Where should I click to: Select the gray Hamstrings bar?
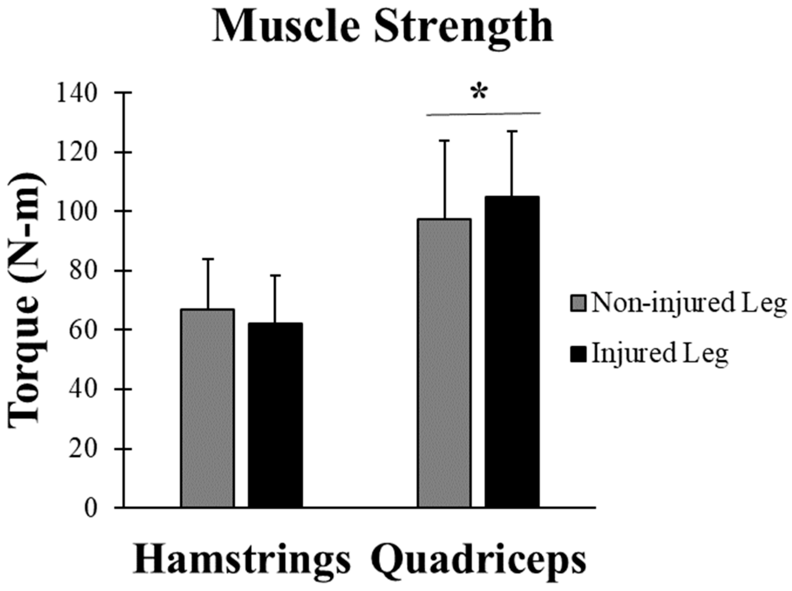208,408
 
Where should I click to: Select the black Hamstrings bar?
275,415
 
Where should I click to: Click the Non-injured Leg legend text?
689,302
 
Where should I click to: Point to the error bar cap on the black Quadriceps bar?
512,131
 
